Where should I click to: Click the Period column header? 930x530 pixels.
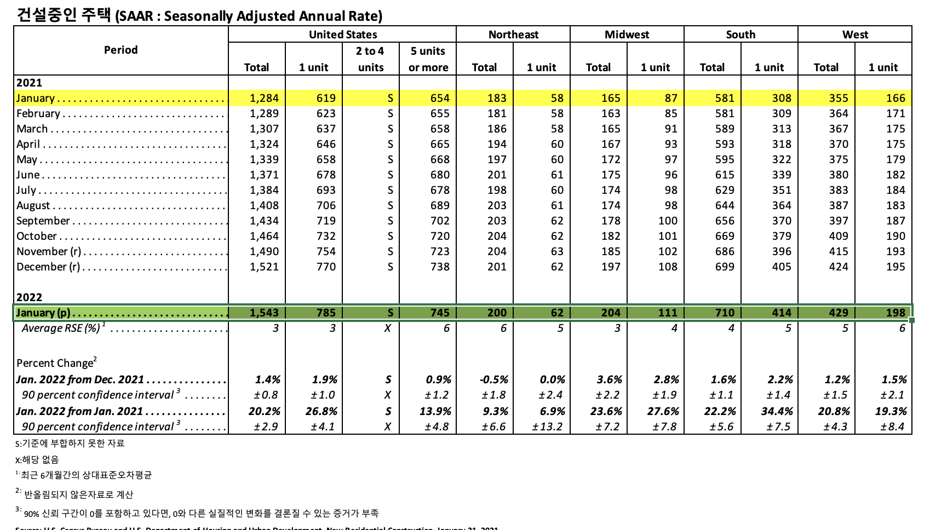point(120,50)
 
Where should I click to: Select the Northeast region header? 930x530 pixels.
point(513,34)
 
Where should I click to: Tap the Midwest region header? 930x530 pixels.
point(627,34)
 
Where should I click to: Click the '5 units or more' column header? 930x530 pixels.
point(428,59)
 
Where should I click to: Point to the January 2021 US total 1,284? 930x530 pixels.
point(264,98)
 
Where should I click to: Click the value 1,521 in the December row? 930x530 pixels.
point(264,267)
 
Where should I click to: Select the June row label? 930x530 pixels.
point(28,175)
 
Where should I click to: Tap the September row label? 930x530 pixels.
point(43,221)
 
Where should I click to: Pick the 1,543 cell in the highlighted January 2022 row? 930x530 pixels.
point(264,313)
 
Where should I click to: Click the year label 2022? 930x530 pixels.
point(29,297)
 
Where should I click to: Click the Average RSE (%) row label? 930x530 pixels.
point(61,328)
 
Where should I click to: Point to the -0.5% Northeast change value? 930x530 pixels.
point(493,379)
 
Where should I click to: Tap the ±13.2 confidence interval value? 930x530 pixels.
point(547,427)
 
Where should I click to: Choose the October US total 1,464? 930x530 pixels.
point(264,236)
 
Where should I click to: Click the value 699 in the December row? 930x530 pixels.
point(724,267)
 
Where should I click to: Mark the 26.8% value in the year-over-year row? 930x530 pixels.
point(321,411)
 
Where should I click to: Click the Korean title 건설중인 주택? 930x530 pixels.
point(64,15)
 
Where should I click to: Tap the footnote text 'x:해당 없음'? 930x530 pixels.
point(37,459)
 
